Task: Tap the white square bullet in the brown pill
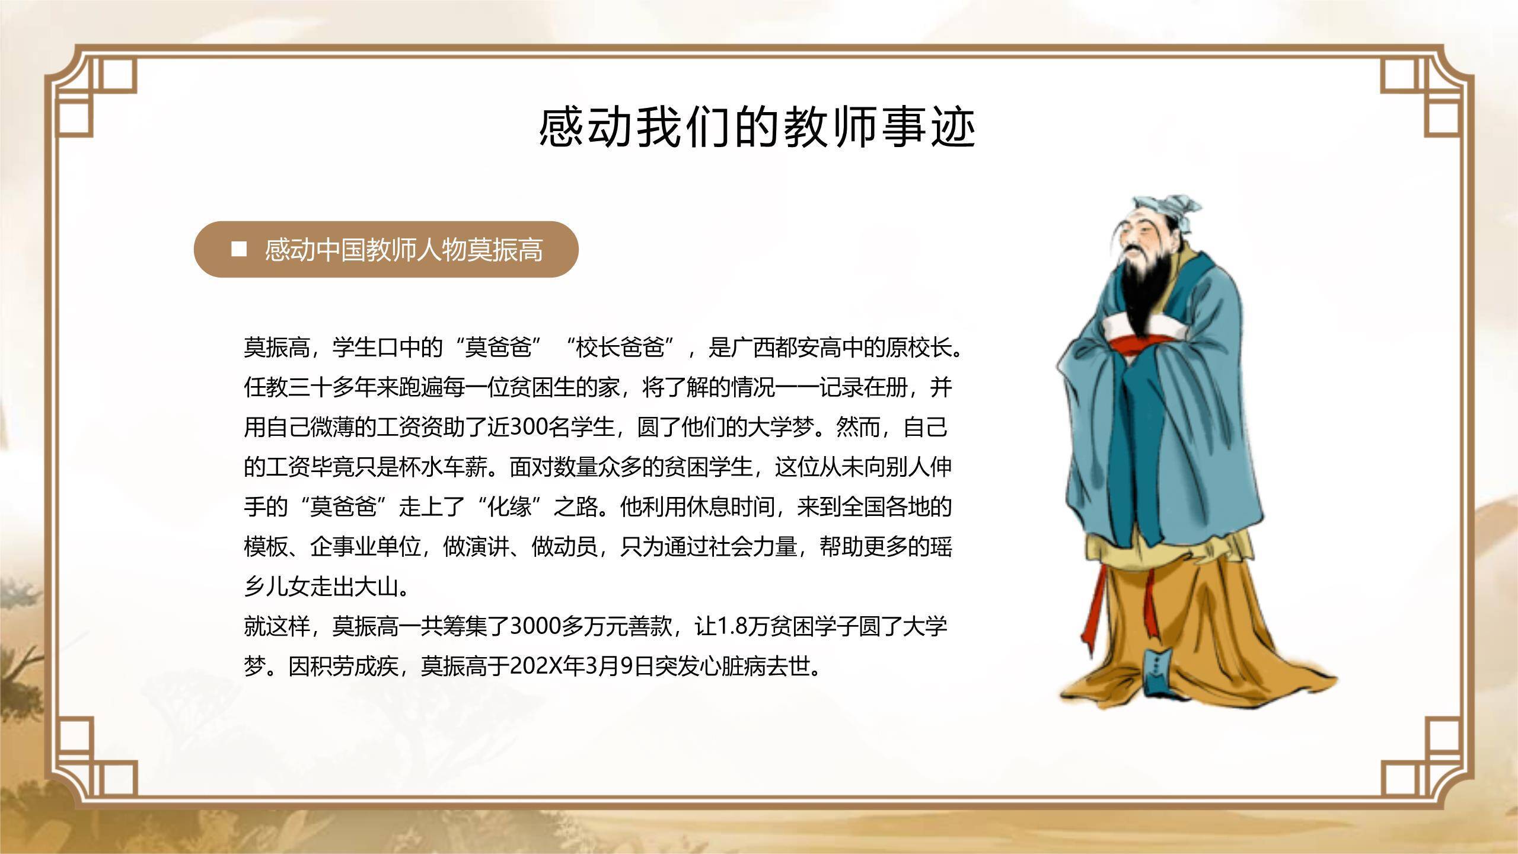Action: click(x=239, y=249)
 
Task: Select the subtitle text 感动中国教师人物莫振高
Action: click(x=403, y=250)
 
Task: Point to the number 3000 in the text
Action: click(x=534, y=626)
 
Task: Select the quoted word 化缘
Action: click(x=509, y=507)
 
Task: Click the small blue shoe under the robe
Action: click(x=1156, y=673)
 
